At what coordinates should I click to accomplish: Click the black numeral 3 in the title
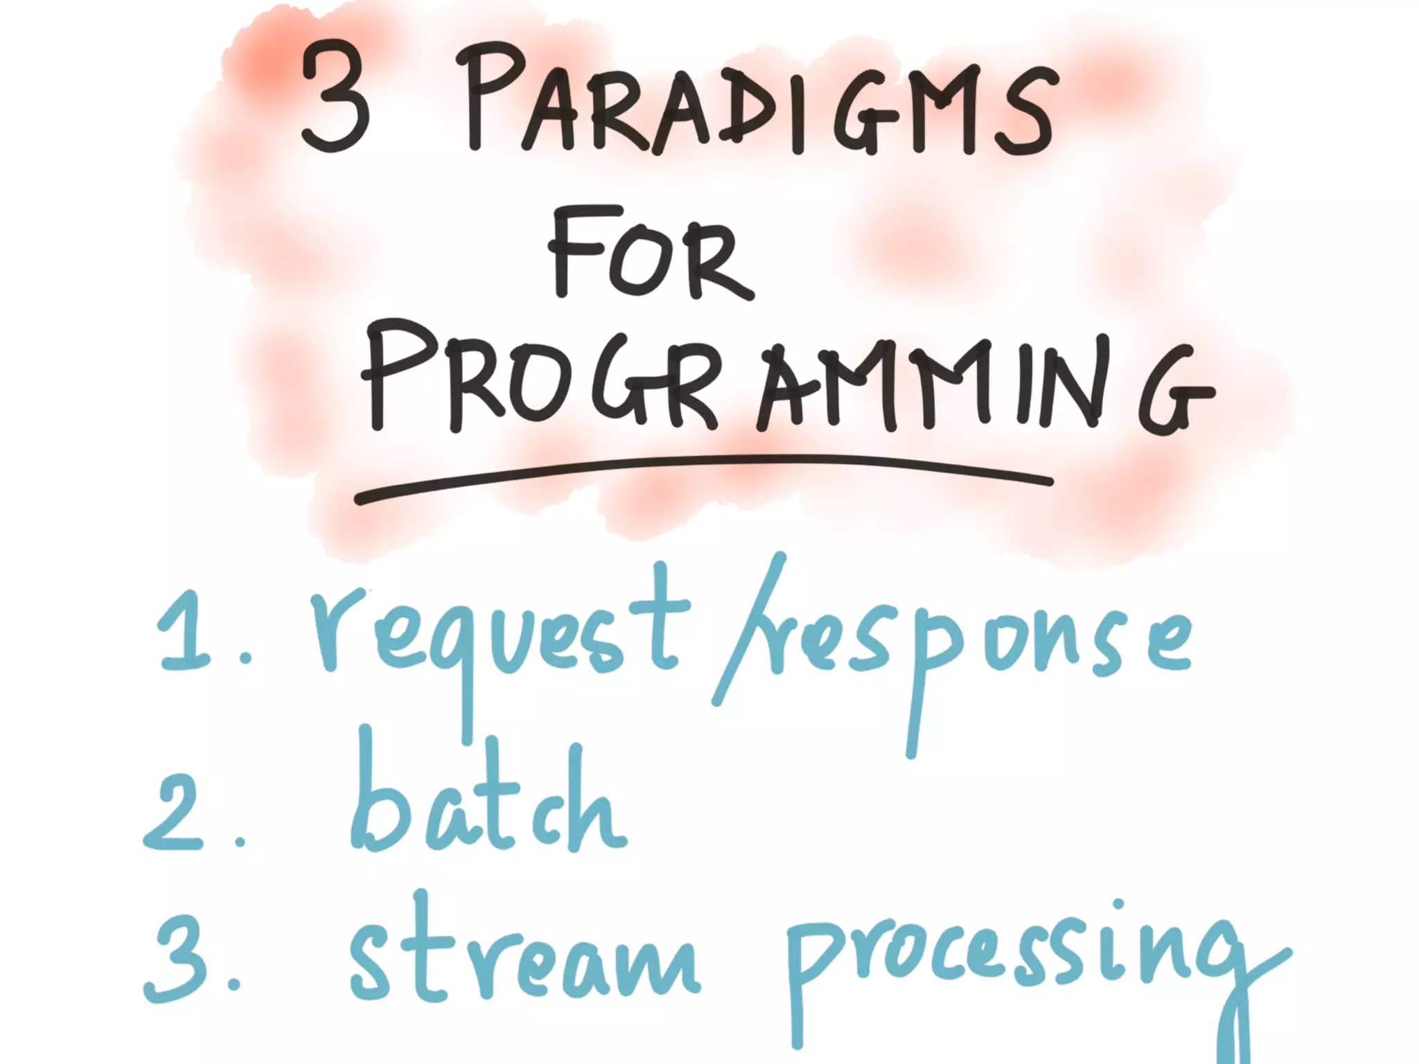(335, 97)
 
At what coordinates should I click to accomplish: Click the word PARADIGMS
(759, 104)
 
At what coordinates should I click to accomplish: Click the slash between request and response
(748, 630)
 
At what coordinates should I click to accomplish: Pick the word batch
(485, 804)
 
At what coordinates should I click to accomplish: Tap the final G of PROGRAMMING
(1171, 391)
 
